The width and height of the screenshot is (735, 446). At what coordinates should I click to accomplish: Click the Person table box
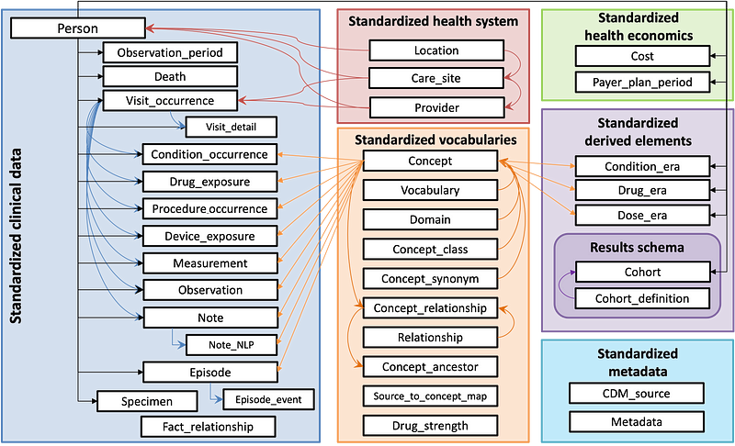pyautogui.click(x=78, y=29)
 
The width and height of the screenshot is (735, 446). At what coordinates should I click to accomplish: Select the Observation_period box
pyautogui.click(x=170, y=53)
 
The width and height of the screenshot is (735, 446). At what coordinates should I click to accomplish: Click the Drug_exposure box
pyautogui.click(x=210, y=182)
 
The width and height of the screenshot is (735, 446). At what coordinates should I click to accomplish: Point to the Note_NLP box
pyautogui.click(x=232, y=345)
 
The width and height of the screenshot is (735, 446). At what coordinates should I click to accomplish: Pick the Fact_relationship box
pyautogui.click(x=209, y=427)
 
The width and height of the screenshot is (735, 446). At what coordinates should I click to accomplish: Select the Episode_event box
pyautogui.click(x=268, y=400)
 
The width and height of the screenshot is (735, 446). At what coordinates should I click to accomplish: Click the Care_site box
pyautogui.click(x=436, y=79)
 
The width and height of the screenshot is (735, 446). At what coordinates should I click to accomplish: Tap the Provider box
pyautogui.click(x=436, y=108)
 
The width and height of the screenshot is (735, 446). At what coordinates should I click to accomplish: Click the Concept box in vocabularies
pyautogui.click(x=430, y=162)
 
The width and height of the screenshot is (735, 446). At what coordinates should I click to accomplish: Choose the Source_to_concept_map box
pyautogui.click(x=430, y=396)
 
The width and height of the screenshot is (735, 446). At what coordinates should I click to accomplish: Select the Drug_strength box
pyautogui.click(x=430, y=426)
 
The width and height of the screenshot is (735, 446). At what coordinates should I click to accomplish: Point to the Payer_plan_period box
pyautogui.click(x=643, y=83)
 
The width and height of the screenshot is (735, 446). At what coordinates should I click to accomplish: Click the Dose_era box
pyautogui.click(x=642, y=215)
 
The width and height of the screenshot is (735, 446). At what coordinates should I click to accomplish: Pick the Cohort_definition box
pyautogui.click(x=643, y=299)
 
